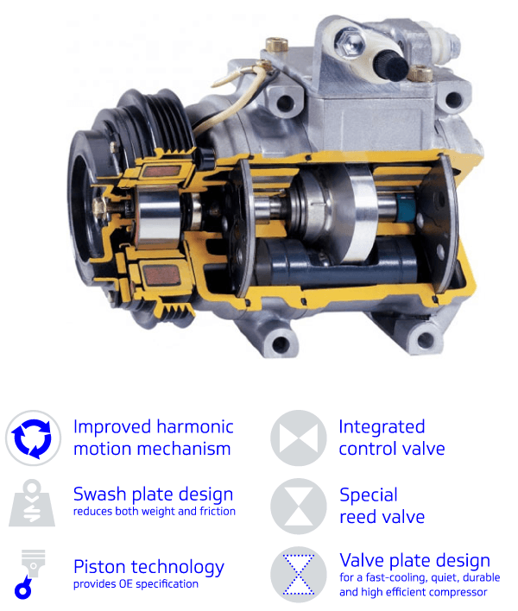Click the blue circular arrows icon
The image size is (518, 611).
tap(33, 438)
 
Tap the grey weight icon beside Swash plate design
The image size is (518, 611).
tap(32, 503)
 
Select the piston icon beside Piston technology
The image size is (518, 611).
tap(30, 575)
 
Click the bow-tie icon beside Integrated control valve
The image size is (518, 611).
tap(299, 438)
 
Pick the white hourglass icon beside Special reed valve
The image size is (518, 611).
tap(299, 507)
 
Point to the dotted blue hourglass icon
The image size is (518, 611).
tap(299, 575)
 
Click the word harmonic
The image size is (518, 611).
tap(195, 426)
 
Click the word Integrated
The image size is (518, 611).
tap(382, 427)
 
